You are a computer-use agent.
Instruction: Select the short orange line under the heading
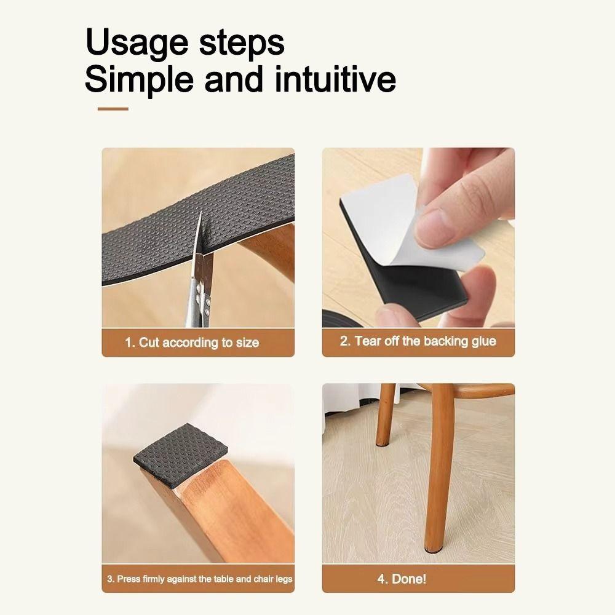pos(113,109)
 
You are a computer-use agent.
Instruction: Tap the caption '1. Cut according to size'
pos(192,343)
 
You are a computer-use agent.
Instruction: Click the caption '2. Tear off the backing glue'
pos(418,341)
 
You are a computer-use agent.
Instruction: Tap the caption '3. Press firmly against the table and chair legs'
pos(199,579)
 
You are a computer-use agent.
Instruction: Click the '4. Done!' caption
pos(401,579)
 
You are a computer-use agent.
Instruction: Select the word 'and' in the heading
pos(232,80)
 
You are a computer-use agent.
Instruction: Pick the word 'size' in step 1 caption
pos(248,343)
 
